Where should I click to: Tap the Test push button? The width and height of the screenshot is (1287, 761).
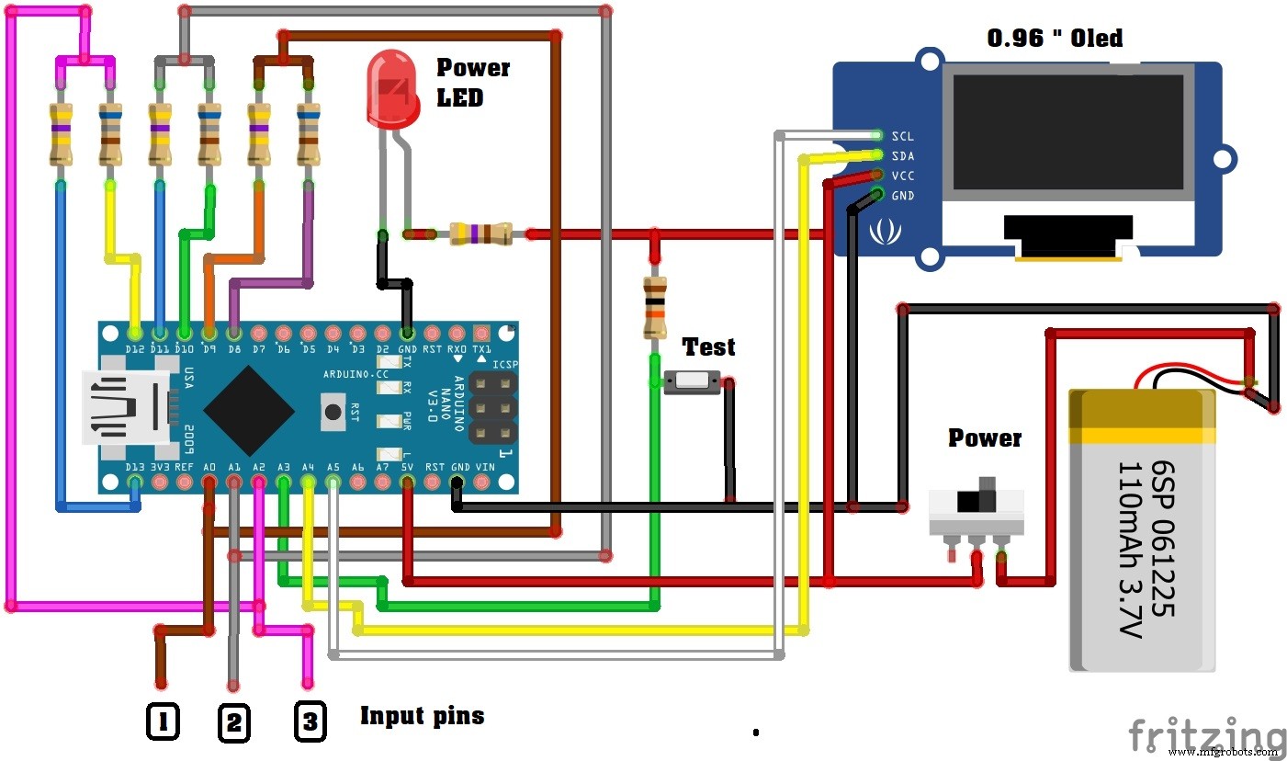tap(692, 380)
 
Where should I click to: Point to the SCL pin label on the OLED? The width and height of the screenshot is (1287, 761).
tap(902, 136)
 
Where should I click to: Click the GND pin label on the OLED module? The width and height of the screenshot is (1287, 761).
tap(902, 196)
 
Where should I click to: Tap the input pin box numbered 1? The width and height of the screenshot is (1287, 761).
tap(163, 722)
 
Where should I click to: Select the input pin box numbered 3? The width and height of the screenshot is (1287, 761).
tap(310, 722)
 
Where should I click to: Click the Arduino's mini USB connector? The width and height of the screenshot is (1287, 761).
tap(124, 409)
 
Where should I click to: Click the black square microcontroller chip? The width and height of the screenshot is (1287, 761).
tap(249, 411)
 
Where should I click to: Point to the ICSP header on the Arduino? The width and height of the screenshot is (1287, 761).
tap(491, 406)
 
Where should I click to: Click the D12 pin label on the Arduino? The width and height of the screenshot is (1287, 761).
tap(135, 349)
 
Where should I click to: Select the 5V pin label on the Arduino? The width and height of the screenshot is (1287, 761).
tap(408, 467)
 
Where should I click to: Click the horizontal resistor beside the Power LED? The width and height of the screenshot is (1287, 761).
tap(480, 234)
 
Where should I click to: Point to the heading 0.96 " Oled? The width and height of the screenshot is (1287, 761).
tap(1054, 39)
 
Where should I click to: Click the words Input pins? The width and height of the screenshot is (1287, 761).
tap(422, 715)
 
